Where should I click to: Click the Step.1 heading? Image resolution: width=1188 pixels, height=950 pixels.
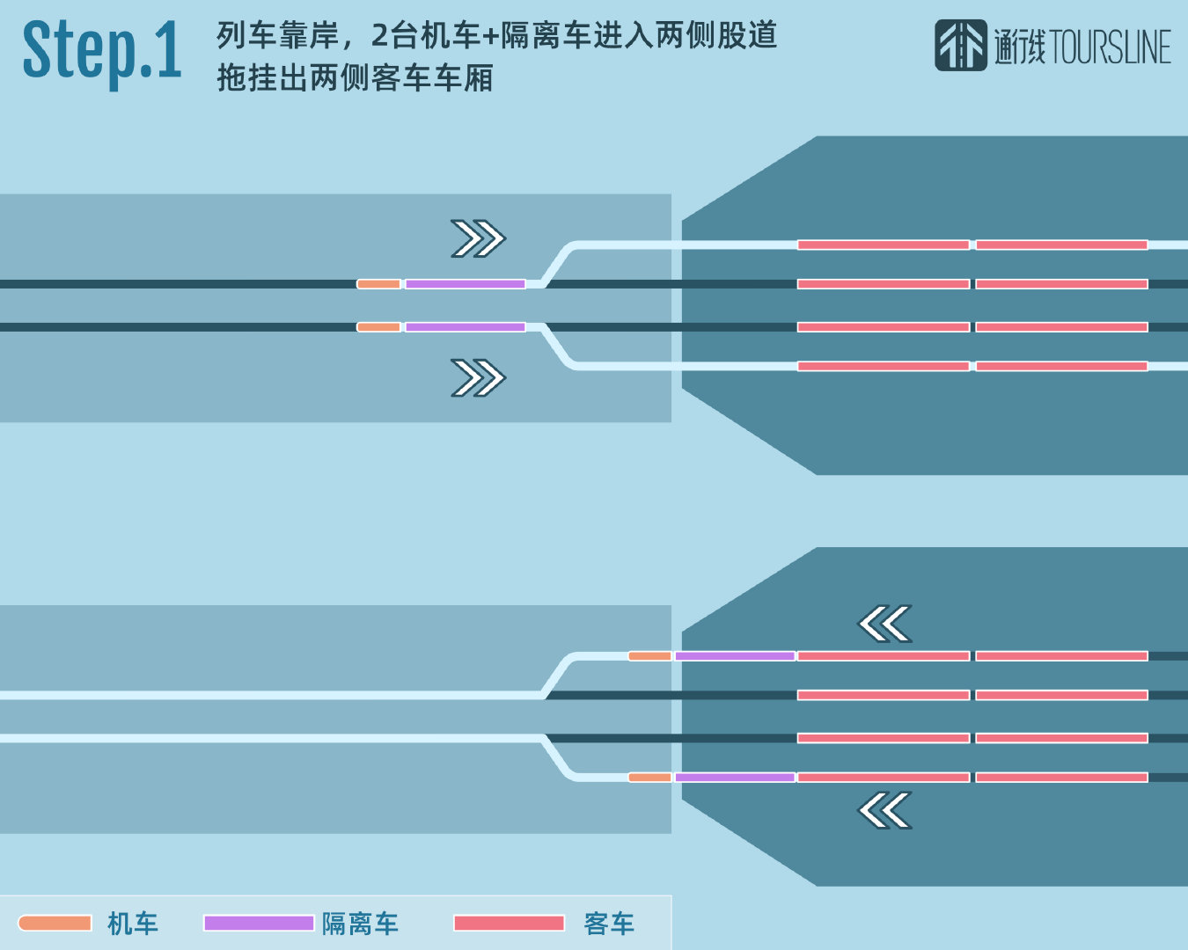pyautogui.click(x=102, y=52)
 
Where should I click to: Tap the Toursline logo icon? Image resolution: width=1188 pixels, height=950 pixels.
pyautogui.click(x=960, y=46)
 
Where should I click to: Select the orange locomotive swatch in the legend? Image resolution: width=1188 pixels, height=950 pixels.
pyautogui.click(x=55, y=923)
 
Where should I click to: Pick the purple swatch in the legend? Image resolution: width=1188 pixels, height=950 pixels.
pyautogui.click(x=259, y=923)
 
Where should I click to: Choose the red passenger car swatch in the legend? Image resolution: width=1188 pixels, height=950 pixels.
pyautogui.click(x=509, y=923)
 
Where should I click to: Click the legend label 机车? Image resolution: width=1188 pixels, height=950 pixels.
pyautogui.click(x=133, y=924)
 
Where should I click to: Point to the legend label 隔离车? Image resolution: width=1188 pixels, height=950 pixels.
pyautogui.click(x=360, y=924)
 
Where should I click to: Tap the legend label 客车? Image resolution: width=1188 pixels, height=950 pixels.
pyautogui.click(x=609, y=924)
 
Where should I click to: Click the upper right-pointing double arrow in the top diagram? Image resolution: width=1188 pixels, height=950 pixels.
pyautogui.click(x=478, y=238)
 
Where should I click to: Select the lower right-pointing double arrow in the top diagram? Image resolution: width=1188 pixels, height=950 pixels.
pyautogui.click(x=478, y=378)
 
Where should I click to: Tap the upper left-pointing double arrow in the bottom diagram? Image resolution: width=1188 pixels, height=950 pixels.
pyautogui.click(x=884, y=625)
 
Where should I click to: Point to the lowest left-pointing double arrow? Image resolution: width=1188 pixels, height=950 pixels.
pyautogui.click(x=884, y=810)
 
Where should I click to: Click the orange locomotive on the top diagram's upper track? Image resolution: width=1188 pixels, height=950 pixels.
pyautogui.click(x=378, y=284)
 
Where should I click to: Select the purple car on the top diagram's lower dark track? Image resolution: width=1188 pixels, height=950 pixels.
pyautogui.click(x=465, y=327)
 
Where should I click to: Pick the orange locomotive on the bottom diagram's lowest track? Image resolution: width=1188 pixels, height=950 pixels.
pyautogui.click(x=649, y=778)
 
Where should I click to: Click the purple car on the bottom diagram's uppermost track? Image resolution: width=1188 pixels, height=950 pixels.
pyautogui.click(x=735, y=656)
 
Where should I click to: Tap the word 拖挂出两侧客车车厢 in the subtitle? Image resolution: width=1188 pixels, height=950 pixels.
pyautogui.click(x=355, y=78)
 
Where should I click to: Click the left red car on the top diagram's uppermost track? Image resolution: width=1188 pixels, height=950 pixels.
pyautogui.click(x=884, y=245)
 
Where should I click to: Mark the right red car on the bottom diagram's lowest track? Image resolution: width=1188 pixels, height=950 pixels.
pyautogui.click(x=1061, y=778)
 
